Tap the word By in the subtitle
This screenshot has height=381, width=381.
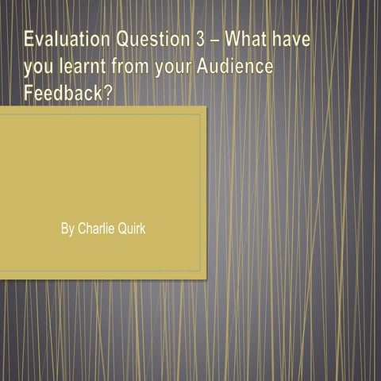67,229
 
